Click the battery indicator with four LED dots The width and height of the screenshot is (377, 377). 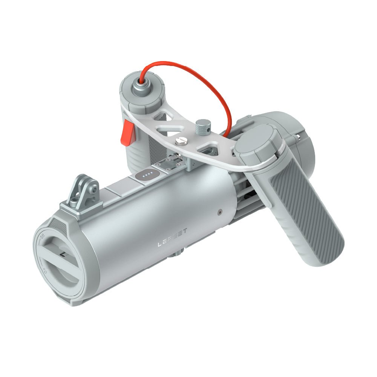tap(147, 174)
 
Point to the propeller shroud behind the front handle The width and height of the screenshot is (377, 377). tap(290, 132)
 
